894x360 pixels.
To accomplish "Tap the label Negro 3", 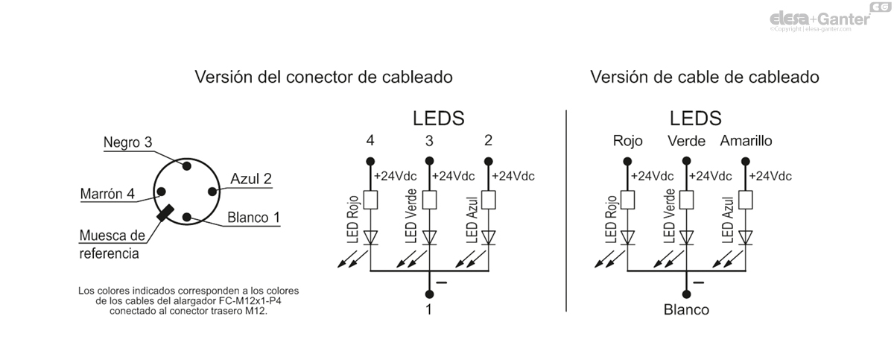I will (127, 142).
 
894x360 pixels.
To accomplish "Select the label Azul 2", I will (250, 179).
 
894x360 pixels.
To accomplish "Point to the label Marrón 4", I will (107, 194).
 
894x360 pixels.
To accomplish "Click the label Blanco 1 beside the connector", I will (253, 218).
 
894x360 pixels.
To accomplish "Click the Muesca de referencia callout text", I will (111, 244).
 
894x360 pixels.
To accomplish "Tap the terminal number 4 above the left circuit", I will (370, 141).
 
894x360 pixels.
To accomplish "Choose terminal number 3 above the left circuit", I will (429, 141).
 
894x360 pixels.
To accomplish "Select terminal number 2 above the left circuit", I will (488, 141).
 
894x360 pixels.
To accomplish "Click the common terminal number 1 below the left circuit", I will (429, 309).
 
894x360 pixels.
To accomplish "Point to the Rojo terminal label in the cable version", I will (627, 141).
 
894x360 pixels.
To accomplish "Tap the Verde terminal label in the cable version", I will (687, 141).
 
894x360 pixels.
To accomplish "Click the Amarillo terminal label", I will (746, 141).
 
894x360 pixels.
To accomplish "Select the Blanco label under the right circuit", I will (686, 309).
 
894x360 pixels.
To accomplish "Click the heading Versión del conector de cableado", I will (323, 77).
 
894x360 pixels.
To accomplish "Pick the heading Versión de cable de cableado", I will (705, 77).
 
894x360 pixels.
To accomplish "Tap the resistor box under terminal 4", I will (370, 200).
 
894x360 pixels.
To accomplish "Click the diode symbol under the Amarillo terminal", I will (746, 238).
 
